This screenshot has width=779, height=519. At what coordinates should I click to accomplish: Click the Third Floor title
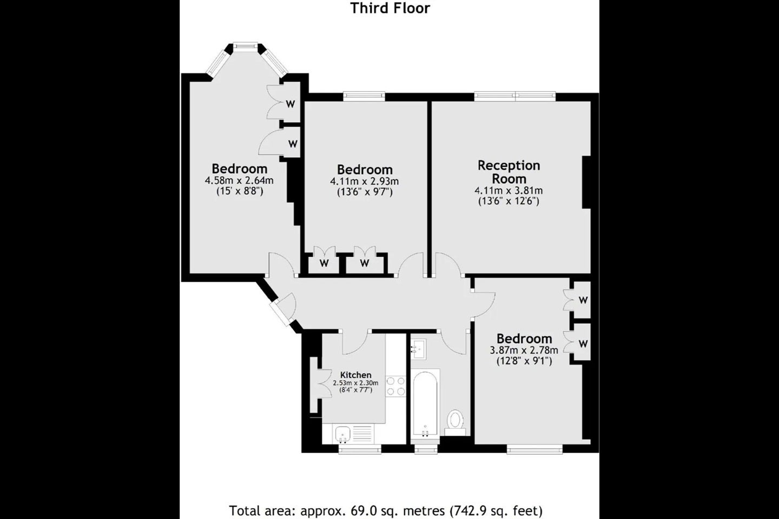click(390, 8)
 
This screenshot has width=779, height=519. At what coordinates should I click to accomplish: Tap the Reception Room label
click(509, 172)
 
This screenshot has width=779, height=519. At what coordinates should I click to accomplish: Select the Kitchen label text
click(356, 375)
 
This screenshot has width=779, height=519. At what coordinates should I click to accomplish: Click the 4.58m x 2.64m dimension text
click(239, 181)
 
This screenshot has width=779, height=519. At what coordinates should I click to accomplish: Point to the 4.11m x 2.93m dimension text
click(365, 181)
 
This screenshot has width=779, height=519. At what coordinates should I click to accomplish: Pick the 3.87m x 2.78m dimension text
click(524, 350)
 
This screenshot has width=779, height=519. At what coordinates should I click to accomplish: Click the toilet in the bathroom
click(455, 422)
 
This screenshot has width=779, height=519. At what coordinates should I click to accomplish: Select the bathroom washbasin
click(419, 349)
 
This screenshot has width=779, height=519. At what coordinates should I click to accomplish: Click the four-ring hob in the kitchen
click(396, 386)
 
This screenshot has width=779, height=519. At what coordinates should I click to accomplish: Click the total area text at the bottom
click(386, 511)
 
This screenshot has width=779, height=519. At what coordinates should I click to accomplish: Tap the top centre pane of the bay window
click(245, 45)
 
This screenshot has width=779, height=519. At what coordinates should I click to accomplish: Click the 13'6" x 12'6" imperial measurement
click(509, 201)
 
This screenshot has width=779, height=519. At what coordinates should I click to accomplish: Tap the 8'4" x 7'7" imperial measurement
click(356, 390)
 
